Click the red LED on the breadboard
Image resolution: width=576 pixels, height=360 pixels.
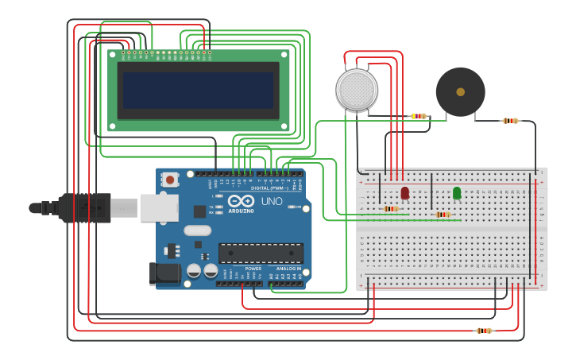click(x=404, y=193)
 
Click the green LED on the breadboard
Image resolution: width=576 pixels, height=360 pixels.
click(x=457, y=193)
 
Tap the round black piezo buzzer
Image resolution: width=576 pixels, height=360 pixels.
click(x=460, y=92)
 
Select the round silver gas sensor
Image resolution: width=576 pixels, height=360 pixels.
click(x=357, y=90)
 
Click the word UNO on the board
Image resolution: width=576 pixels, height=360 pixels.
click(x=272, y=202)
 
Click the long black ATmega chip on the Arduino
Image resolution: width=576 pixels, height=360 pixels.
click(x=261, y=253)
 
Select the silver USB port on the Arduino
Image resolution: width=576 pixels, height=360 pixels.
click(x=159, y=207)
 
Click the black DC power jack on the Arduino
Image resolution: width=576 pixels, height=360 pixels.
click(x=164, y=273)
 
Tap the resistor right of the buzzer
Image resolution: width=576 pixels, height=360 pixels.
click(x=510, y=121)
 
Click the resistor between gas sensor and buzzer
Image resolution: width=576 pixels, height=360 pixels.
click(x=419, y=116)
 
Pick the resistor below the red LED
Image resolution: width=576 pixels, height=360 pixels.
click(x=390, y=209)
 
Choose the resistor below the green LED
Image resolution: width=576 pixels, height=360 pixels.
click(x=443, y=215)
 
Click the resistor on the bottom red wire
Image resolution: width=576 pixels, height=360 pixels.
click(x=483, y=331)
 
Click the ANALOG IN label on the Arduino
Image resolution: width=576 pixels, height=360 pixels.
click(x=288, y=269)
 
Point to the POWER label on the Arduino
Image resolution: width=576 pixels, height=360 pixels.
click(x=253, y=269)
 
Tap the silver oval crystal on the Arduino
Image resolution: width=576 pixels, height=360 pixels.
click(x=197, y=230)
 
